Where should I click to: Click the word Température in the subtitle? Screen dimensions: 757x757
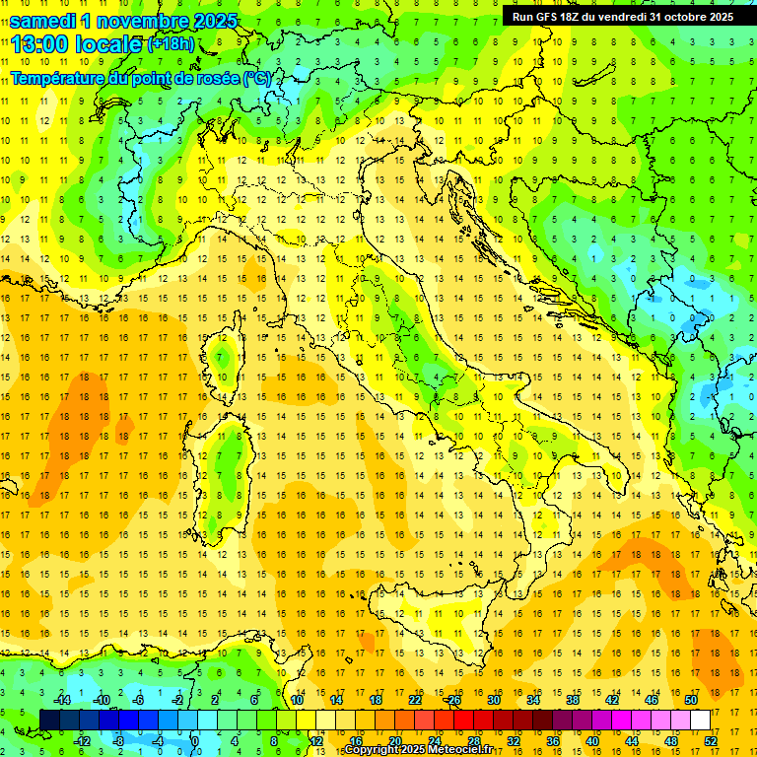(x=61, y=78)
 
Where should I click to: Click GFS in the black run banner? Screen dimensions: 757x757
(x=551, y=17)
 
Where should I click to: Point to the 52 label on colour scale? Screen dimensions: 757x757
(x=711, y=741)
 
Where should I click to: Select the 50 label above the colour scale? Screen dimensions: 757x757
(x=690, y=700)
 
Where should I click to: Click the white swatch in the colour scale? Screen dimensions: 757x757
(x=700, y=720)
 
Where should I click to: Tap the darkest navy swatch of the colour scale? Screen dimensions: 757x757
(x=50, y=720)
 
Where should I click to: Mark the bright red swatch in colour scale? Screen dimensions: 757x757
(x=463, y=720)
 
